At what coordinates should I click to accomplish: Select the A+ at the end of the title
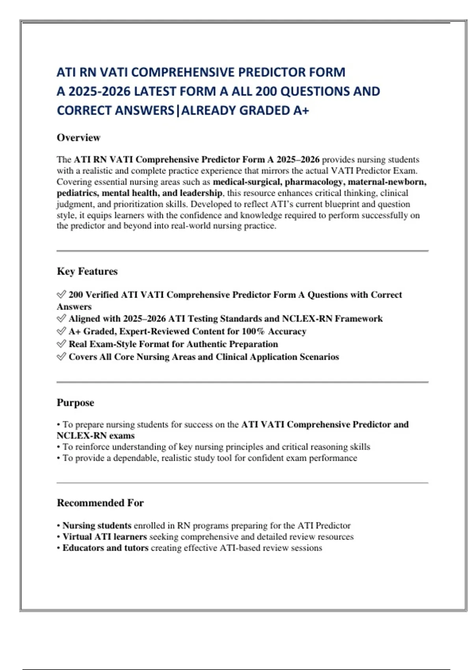[301, 111]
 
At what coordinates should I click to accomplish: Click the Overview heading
[78, 138]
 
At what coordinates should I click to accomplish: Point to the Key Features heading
[87, 271]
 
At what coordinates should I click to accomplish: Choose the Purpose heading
[75, 402]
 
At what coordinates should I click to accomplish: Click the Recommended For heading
[100, 503]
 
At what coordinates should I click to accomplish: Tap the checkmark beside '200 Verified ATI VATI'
[61, 294]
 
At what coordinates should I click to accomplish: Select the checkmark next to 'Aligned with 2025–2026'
[61, 318]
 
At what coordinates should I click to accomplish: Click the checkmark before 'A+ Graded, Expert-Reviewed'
[61, 331]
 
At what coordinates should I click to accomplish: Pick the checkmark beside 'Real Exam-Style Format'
[61, 344]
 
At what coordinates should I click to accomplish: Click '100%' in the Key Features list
[253, 331]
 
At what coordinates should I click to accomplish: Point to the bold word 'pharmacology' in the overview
[313, 182]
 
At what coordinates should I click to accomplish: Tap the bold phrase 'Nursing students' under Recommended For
[97, 526]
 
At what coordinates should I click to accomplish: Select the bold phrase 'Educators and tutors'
[105, 548]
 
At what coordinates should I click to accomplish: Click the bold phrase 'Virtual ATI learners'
[104, 537]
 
